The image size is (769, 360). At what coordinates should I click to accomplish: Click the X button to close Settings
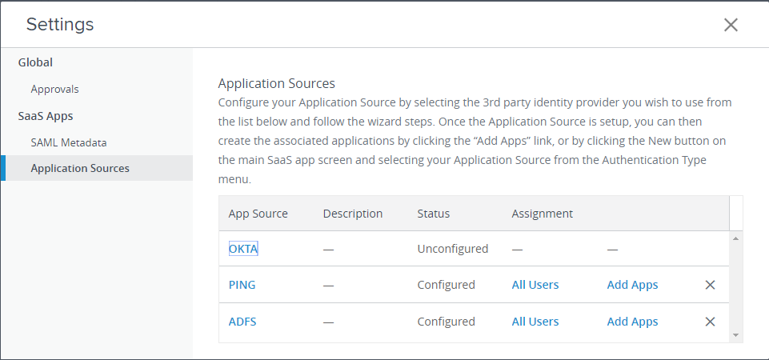pyautogui.click(x=731, y=25)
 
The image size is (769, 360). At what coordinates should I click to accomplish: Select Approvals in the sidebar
pyautogui.click(x=54, y=90)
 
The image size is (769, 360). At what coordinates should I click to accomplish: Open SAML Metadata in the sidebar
pyautogui.click(x=69, y=142)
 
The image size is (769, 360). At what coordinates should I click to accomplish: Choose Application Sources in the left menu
pyautogui.click(x=80, y=168)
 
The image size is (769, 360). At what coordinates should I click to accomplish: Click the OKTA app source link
pyautogui.click(x=243, y=249)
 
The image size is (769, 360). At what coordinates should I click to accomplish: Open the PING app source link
pyautogui.click(x=242, y=285)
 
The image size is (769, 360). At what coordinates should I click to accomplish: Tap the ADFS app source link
pyautogui.click(x=242, y=322)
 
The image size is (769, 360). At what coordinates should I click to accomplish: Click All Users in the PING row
pyautogui.click(x=535, y=285)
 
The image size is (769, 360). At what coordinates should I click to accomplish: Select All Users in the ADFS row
pyautogui.click(x=535, y=322)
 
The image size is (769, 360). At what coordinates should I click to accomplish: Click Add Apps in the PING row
pyautogui.click(x=633, y=285)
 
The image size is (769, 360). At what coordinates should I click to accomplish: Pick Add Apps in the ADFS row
pyautogui.click(x=633, y=322)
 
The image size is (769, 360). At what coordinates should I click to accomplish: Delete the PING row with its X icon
pyautogui.click(x=710, y=285)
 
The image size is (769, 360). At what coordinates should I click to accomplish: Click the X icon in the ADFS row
pyautogui.click(x=710, y=322)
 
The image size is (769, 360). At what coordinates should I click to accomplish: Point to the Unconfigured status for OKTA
pyautogui.click(x=453, y=249)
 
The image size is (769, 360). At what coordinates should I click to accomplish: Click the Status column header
pyautogui.click(x=434, y=214)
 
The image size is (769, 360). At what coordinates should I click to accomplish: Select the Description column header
pyautogui.click(x=353, y=214)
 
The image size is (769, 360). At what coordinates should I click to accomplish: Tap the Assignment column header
pyautogui.click(x=542, y=214)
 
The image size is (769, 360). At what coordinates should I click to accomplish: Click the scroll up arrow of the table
pyautogui.click(x=735, y=238)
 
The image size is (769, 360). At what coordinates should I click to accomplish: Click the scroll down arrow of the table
pyautogui.click(x=735, y=335)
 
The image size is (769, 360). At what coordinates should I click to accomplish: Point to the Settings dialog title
pyautogui.click(x=60, y=25)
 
